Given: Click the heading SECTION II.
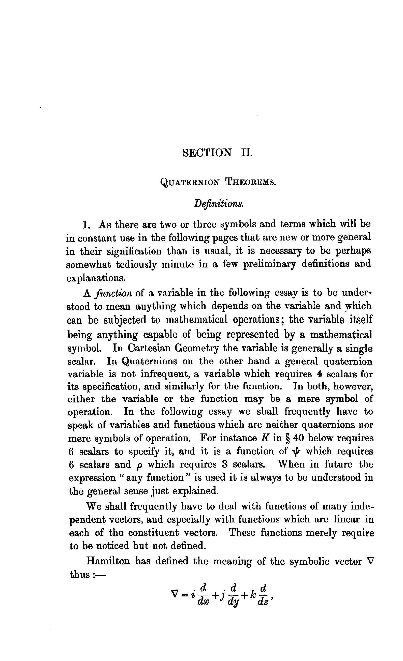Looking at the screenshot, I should point(218,153).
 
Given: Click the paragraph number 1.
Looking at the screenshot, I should point(86,225).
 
